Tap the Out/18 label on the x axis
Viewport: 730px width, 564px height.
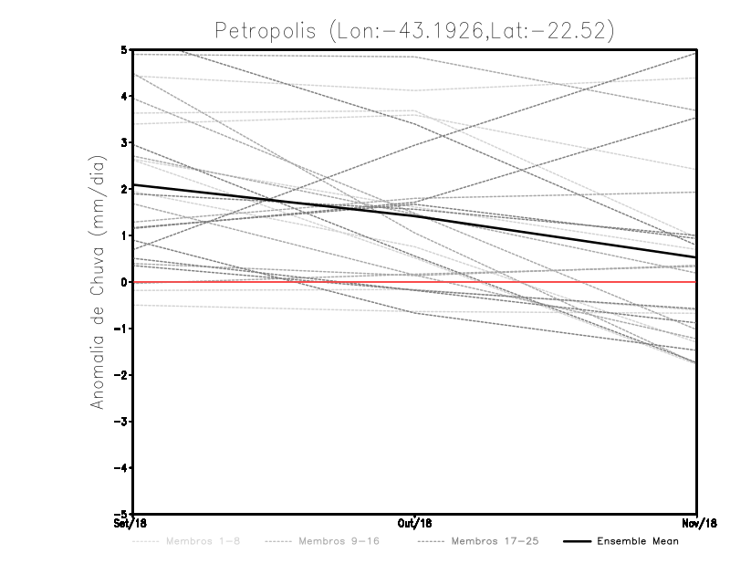[415, 524]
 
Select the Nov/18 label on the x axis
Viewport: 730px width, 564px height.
[697, 524]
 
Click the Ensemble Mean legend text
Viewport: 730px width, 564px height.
[638, 541]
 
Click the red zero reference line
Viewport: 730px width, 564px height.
[274, 282]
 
